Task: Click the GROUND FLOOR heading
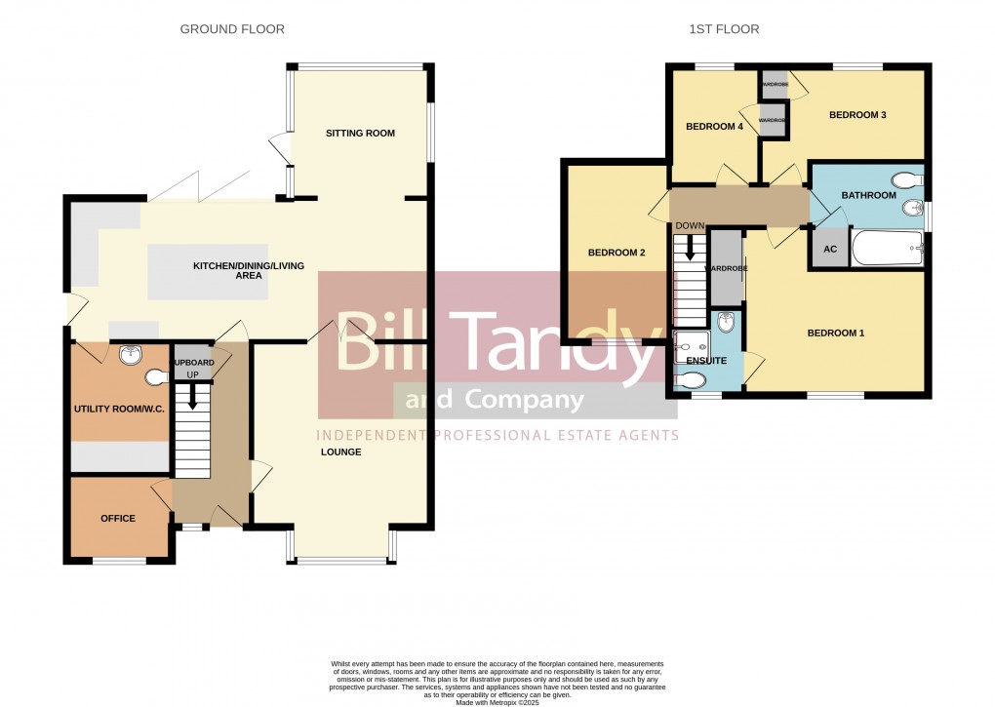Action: click(232, 29)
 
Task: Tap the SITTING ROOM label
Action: click(360, 133)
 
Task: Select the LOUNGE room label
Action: click(340, 452)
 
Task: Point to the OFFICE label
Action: click(118, 518)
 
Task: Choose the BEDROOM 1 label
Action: click(836, 334)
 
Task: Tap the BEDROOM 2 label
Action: click(617, 253)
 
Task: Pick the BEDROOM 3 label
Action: click(856, 115)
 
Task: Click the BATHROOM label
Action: click(868, 195)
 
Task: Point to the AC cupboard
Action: click(830, 249)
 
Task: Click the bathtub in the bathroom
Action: click(888, 249)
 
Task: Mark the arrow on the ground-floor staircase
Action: click(192, 396)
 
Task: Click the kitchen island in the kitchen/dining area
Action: click(208, 272)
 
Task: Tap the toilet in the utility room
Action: click(157, 375)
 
